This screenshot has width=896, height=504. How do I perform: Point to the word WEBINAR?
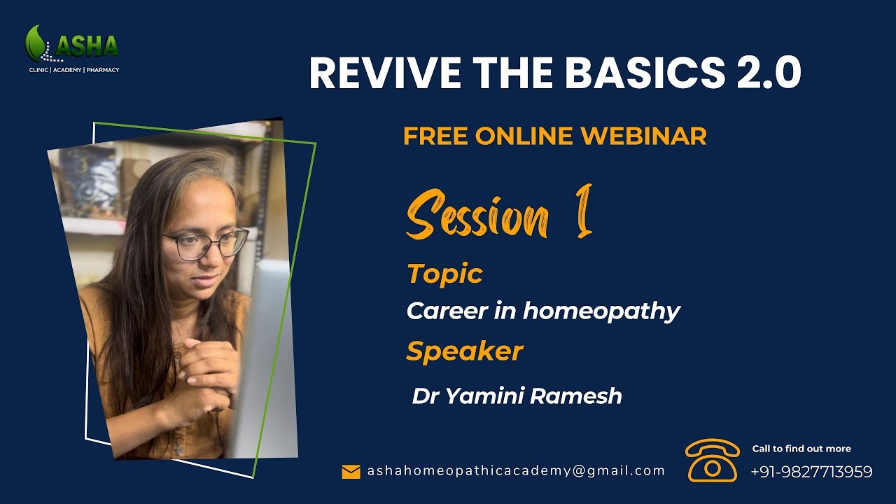tap(643, 136)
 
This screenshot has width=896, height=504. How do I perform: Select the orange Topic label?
tap(444, 274)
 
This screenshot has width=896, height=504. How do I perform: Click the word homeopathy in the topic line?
tap(601, 311)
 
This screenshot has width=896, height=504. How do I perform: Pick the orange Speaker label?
tap(464, 351)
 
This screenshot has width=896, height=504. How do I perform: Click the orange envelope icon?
tap(351, 472)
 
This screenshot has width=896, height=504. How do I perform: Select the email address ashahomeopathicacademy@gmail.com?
tap(516, 471)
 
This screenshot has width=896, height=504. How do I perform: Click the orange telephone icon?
tap(712, 460)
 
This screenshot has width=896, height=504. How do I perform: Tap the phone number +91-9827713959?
tap(811, 472)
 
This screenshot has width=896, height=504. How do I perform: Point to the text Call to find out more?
tap(801, 449)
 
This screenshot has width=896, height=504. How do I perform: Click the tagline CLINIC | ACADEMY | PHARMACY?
tap(73, 70)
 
